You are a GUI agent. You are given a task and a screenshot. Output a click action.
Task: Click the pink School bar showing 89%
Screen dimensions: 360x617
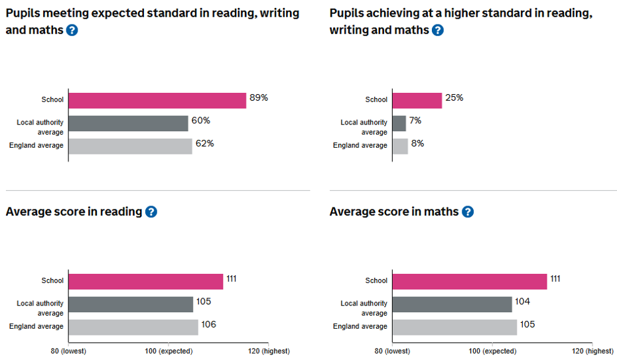(x=157, y=100)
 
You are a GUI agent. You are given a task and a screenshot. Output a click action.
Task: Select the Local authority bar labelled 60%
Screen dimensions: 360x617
(x=128, y=123)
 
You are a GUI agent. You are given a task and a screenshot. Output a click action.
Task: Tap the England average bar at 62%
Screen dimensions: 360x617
(x=130, y=146)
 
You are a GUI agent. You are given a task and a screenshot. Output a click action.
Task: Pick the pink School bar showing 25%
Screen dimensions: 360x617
(x=417, y=100)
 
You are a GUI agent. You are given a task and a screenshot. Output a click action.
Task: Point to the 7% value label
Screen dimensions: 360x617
(x=415, y=121)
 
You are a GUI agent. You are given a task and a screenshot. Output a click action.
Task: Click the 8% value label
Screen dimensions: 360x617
(x=417, y=143)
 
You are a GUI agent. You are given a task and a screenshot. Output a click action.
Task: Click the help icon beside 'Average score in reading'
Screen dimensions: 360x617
(x=151, y=212)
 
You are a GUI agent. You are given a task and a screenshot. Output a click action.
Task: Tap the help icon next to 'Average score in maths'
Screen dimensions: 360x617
(x=468, y=212)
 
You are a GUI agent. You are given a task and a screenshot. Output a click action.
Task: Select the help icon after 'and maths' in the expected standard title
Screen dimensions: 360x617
(x=72, y=30)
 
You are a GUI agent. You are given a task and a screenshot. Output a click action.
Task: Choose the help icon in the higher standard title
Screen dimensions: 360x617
(x=438, y=30)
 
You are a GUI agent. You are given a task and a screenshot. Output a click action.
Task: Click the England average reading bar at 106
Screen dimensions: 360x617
(x=133, y=327)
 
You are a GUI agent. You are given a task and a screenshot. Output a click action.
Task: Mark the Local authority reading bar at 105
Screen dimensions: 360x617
(x=131, y=304)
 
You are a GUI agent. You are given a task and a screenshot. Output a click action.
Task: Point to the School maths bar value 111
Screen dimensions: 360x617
(x=555, y=278)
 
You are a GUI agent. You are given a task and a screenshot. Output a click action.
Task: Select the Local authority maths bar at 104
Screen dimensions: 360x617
(x=452, y=304)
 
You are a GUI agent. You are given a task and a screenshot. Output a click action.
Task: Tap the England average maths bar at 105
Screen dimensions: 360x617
(x=454, y=327)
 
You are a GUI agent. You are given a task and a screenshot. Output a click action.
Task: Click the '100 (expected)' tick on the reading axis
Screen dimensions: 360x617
(x=169, y=351)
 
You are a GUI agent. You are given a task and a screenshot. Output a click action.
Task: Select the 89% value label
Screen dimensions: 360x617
(x=259, y=98)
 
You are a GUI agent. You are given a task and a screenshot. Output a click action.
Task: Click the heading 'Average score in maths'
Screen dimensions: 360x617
(x=394, y=212)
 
